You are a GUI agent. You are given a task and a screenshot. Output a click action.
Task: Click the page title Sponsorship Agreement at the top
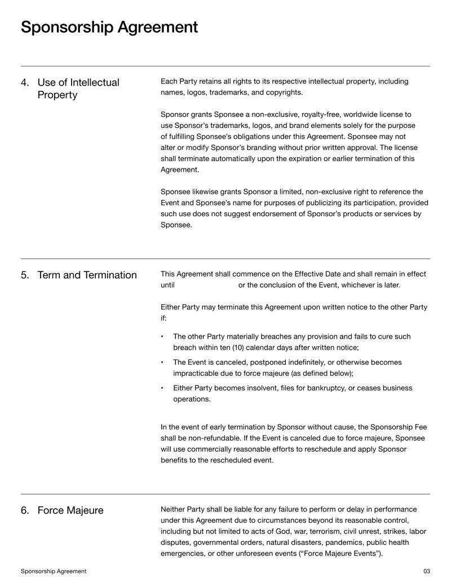tap(109, 27)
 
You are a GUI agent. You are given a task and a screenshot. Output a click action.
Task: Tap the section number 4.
tap(25, 83)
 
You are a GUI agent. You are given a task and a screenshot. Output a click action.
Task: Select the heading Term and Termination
tap(87, 275)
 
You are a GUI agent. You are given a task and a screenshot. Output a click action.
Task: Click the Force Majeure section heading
tap(70, 510)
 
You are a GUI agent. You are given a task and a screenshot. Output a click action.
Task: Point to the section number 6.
tap(25, 510)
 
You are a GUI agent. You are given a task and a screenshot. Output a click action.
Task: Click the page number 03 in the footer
tap(426, 571)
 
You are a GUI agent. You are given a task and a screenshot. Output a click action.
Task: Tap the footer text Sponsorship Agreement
tap(54, 571)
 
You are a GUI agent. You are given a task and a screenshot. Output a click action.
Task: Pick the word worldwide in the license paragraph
tap(361, 114)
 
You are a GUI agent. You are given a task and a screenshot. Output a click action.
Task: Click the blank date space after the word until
tap(206, 285)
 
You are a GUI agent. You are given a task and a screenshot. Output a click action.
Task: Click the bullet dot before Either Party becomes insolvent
tap(162, 388)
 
